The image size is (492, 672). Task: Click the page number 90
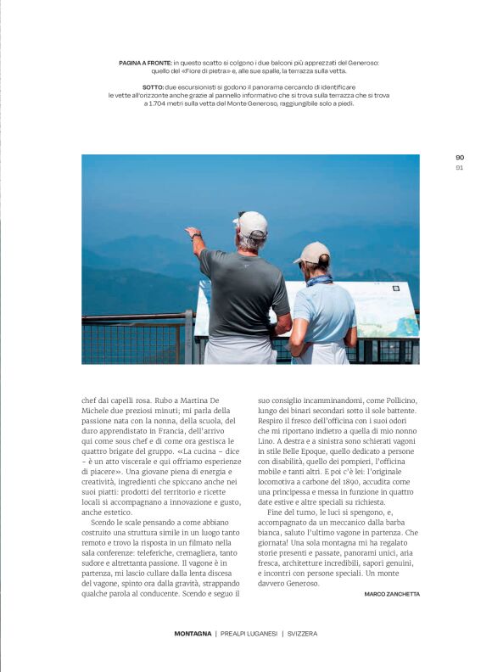pos(460,157)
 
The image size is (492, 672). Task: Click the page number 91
pos(460,167)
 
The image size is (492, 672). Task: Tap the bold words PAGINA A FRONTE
pos(146,63)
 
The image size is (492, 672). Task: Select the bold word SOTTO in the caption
pos(153,87)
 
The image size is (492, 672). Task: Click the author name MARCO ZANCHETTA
pos(392,594)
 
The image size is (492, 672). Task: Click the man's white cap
pos(251,223)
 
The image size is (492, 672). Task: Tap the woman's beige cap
pos(312,253)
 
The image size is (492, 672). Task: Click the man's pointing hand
pos(193,231)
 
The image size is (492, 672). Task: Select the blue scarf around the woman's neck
pos(320,279)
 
